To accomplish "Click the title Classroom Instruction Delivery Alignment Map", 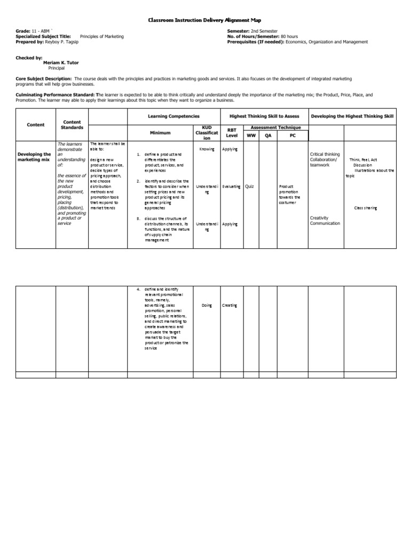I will point(204,20).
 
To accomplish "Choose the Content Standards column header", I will point(72,125).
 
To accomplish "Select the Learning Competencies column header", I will point(174,116).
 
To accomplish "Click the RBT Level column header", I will point(232,132).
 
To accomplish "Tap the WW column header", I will point(251,136).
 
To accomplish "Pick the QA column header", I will point(268,136).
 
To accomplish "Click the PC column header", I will point(293,136).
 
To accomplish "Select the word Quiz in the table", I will point(249,186).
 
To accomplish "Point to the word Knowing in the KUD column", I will point(206,149).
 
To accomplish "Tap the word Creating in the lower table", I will point(230,306).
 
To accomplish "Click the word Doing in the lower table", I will point(207,306).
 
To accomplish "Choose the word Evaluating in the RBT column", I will point(232,186).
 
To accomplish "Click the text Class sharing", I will point(365,208).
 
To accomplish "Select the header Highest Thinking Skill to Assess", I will point(264,116).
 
